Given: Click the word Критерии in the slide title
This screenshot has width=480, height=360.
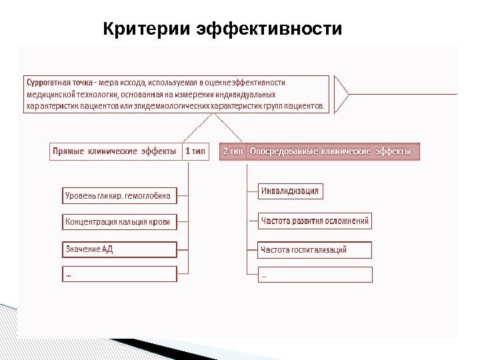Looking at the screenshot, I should pyautogui.click(x=148, y=29).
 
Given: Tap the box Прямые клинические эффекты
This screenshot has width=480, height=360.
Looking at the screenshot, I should pyautogui.click(x=114, y=151).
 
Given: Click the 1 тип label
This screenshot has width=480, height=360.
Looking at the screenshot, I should pyautogui.click(x=195, y=151).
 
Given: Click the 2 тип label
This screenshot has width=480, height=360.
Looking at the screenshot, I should pyautogui.click(x=233, y=151).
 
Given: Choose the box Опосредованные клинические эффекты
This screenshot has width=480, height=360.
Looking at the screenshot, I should pyautogui.click(x=330, y=151).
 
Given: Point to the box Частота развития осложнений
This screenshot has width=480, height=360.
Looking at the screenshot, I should pyautogui.click(x=315, y=221).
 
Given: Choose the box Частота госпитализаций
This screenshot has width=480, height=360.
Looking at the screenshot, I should pyautogui.click(x=315, y=250).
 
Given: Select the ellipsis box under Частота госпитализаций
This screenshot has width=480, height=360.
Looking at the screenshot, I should pyautogui.click(x=315, y=275).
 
